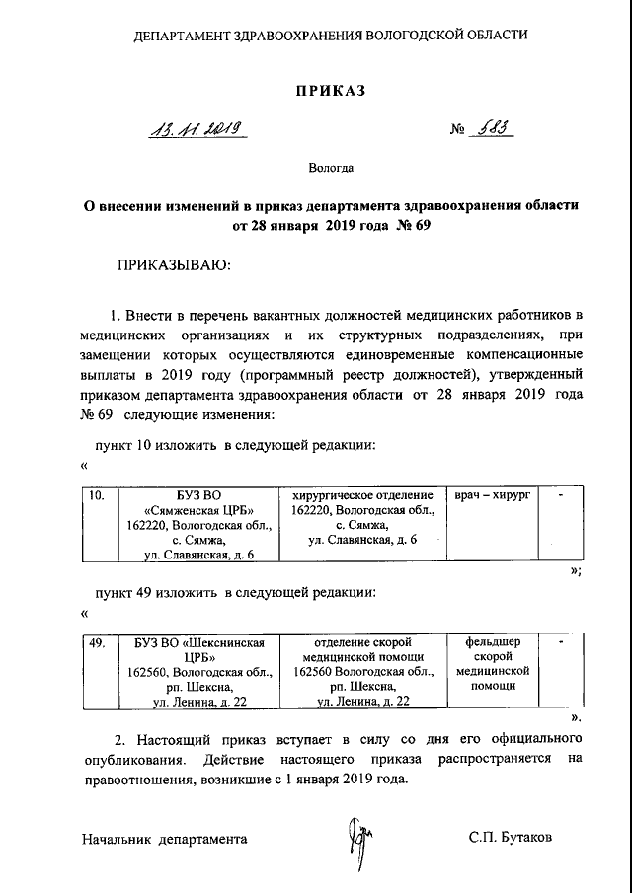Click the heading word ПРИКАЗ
[331, 92]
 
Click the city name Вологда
[331, 169]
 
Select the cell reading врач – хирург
[491, 494]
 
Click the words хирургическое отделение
[362, 494]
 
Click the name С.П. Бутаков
[512, 838]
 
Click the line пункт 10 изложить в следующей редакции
[234, 446]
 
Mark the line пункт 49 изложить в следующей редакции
[234, 594]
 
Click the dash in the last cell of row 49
[560, 642]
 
